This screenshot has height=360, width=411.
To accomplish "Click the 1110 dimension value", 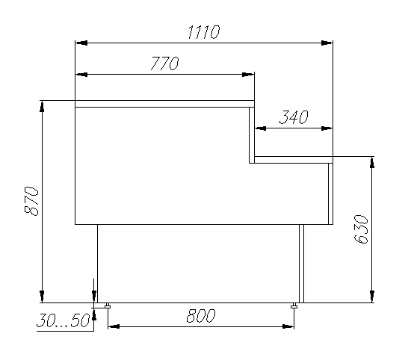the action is (203, 32).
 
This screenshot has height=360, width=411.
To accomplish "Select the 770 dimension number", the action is (165, 63).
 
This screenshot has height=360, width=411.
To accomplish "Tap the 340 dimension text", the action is (294, 117).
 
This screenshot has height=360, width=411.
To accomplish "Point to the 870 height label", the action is (31, 201).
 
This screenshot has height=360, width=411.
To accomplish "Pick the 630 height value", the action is (361, 229).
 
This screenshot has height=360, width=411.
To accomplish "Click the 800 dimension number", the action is (201, 316).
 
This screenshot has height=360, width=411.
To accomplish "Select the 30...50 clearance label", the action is (64, 320).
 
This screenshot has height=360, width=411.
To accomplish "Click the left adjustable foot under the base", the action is (108, 305).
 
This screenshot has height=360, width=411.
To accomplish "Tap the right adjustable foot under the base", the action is (294, 305).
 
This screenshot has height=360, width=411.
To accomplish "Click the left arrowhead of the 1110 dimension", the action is (81, 43).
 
